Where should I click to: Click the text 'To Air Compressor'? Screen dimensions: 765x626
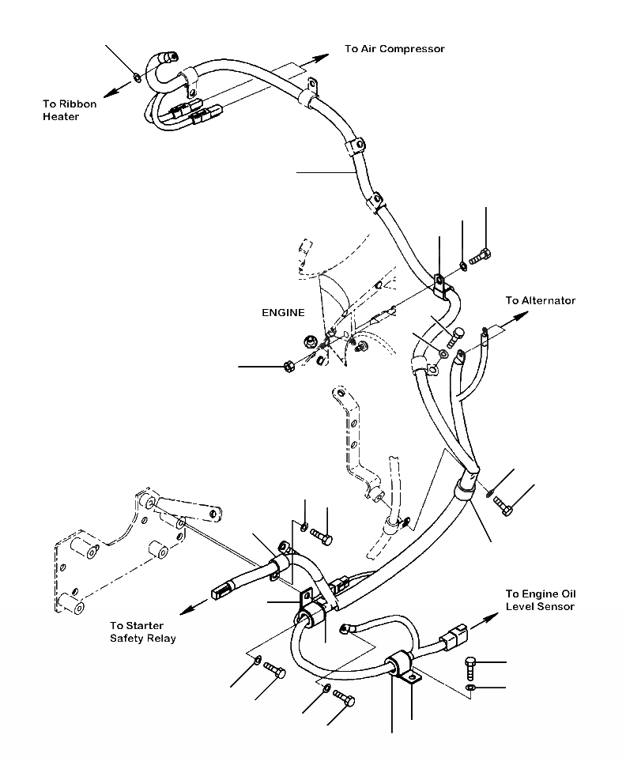pos(394,49)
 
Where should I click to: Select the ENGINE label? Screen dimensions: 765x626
pos(283,313)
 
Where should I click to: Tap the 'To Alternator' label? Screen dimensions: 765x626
pos(541,300)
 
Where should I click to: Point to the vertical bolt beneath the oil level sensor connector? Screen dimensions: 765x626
pos(471,667)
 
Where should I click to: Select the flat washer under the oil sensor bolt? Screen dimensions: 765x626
pos(471,688)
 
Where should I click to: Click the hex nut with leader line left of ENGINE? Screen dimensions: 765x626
pos(289,366)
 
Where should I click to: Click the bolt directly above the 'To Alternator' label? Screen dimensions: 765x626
pos(480,256)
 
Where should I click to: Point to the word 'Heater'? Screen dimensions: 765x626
pos(61,117)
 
